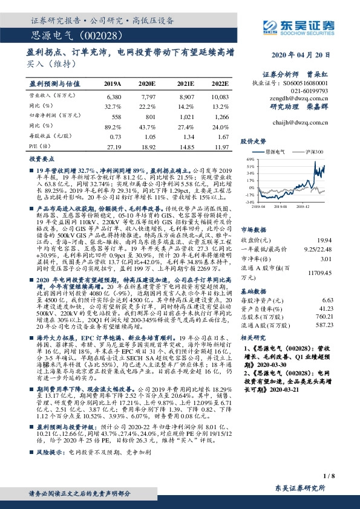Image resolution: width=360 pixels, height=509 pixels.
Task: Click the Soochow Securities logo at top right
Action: (x=296, y=26)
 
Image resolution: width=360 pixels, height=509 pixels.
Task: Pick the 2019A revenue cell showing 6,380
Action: (x=114, y=96)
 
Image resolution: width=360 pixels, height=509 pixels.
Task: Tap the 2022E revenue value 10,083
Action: (x=220, y=96)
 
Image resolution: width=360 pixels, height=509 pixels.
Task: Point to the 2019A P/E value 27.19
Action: (x=114, y=146)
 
